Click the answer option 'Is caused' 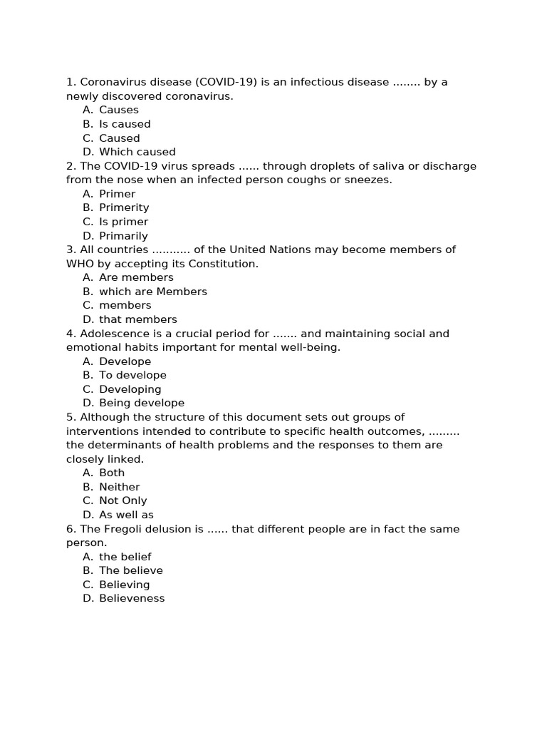125,124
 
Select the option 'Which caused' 137,152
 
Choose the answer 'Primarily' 123,236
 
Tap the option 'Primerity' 124,207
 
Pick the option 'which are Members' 153,292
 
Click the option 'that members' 138,319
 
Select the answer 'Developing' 130,389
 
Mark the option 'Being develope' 142,403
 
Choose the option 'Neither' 120,487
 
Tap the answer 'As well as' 126,515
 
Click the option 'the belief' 125,557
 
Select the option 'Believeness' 132,598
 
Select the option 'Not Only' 123,500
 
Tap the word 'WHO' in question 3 79,264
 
